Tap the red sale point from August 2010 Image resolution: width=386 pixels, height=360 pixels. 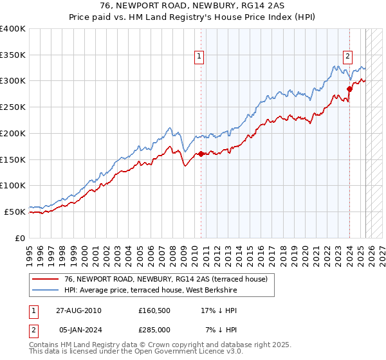(x=201, y=154)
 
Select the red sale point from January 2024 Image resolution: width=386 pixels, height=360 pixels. (x=349, y=89)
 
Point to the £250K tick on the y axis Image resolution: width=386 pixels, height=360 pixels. (x=13, y=107)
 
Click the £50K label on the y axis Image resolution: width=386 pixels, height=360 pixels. (x=15, y=211)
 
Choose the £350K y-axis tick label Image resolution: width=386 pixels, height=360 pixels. (x=13, y=55)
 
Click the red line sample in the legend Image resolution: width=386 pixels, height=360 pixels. (x=46, y=279)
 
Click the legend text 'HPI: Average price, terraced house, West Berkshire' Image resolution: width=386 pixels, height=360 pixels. (x=151, y=291)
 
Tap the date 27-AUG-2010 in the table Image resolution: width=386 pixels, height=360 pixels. (x=80, y=310)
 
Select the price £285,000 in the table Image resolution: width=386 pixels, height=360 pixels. (x=157, y=329)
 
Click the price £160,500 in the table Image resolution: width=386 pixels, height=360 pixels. (x=157, y=310)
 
